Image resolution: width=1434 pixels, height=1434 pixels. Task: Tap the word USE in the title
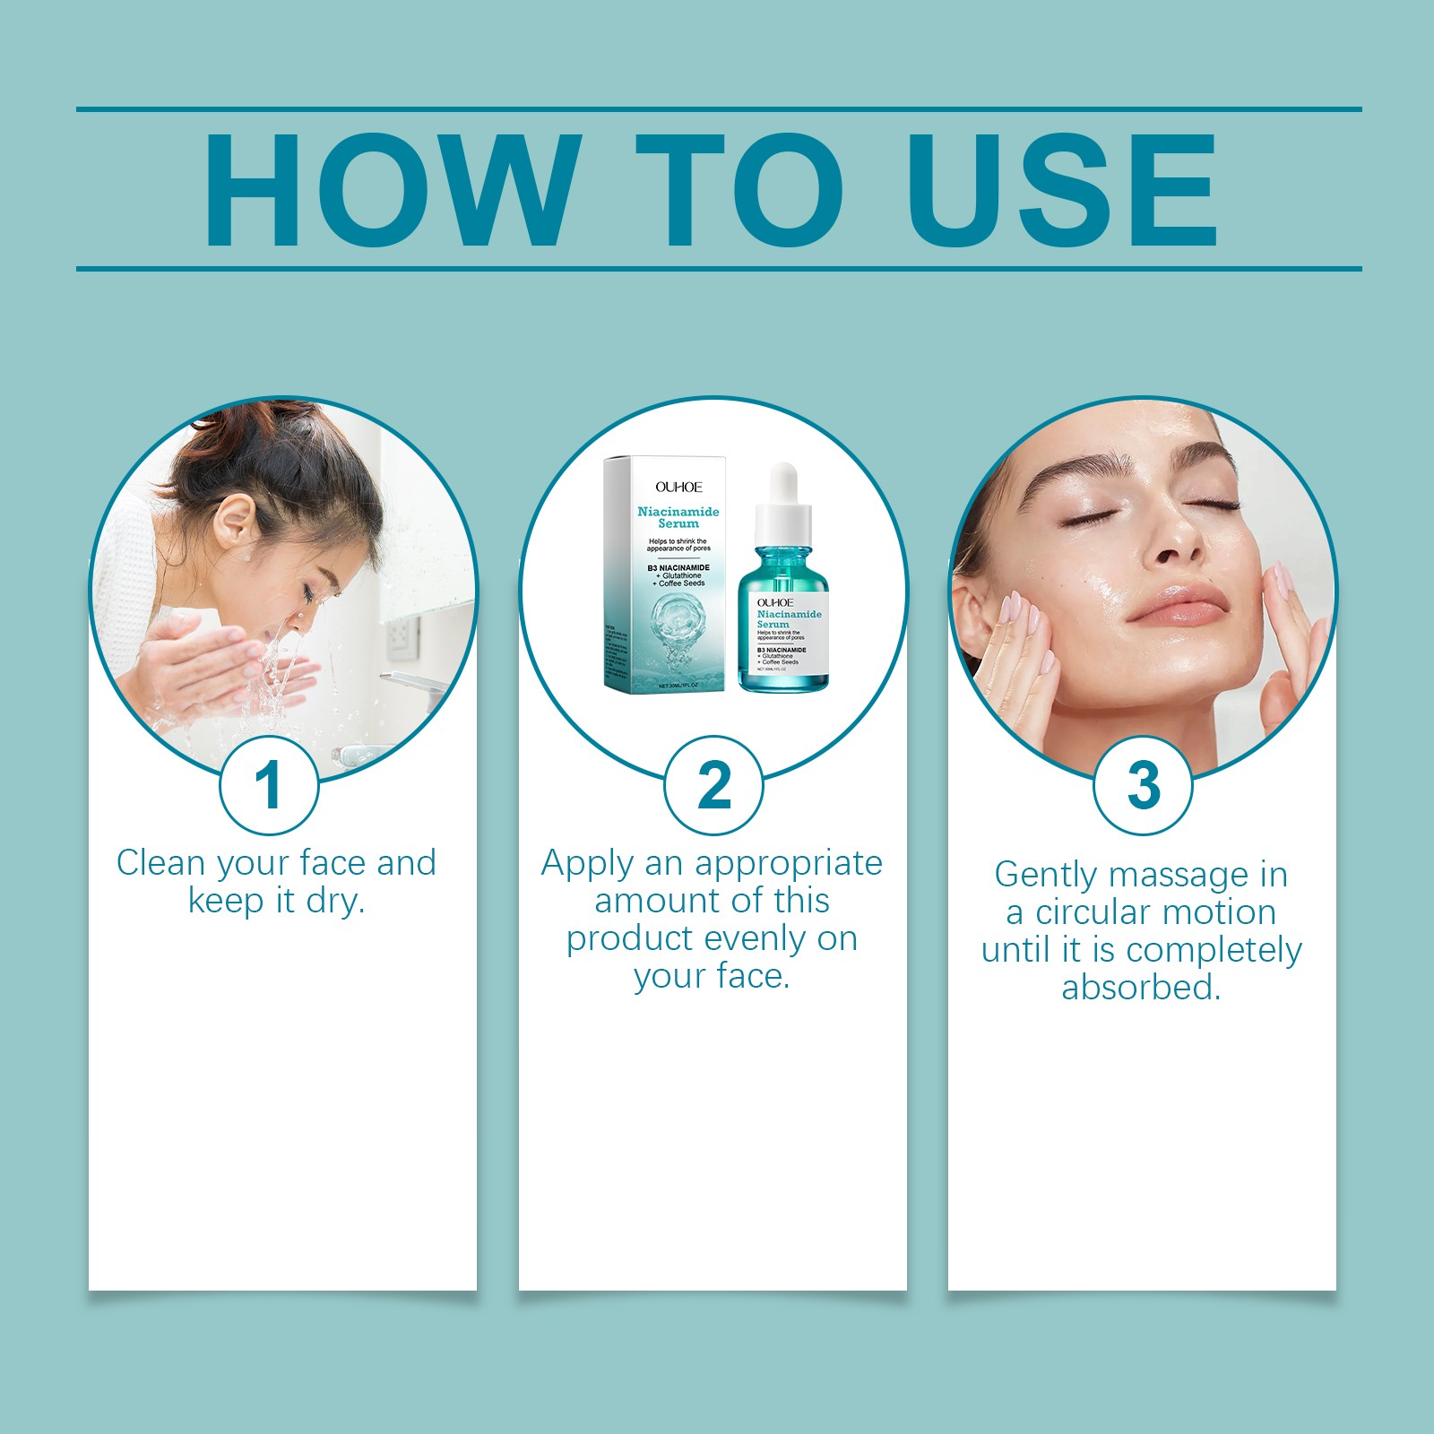1062,190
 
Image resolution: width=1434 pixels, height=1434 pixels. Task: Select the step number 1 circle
269,786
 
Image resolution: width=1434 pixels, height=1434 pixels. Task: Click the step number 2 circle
713,786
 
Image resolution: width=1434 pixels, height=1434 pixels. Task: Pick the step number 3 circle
1143,786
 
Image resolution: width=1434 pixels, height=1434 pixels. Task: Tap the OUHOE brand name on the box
678,487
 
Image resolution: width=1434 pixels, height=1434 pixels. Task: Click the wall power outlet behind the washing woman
402,637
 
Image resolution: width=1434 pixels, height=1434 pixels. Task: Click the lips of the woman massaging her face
1177,607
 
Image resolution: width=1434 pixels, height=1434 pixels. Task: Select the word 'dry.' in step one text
335,901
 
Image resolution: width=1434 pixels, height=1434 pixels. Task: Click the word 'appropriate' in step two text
788,864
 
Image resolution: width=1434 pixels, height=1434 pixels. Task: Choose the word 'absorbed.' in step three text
1141,988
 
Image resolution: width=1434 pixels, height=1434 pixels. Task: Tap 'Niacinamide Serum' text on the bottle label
789,618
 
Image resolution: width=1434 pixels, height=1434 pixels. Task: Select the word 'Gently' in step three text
1046,875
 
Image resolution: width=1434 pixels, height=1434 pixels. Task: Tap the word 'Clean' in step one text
160,863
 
